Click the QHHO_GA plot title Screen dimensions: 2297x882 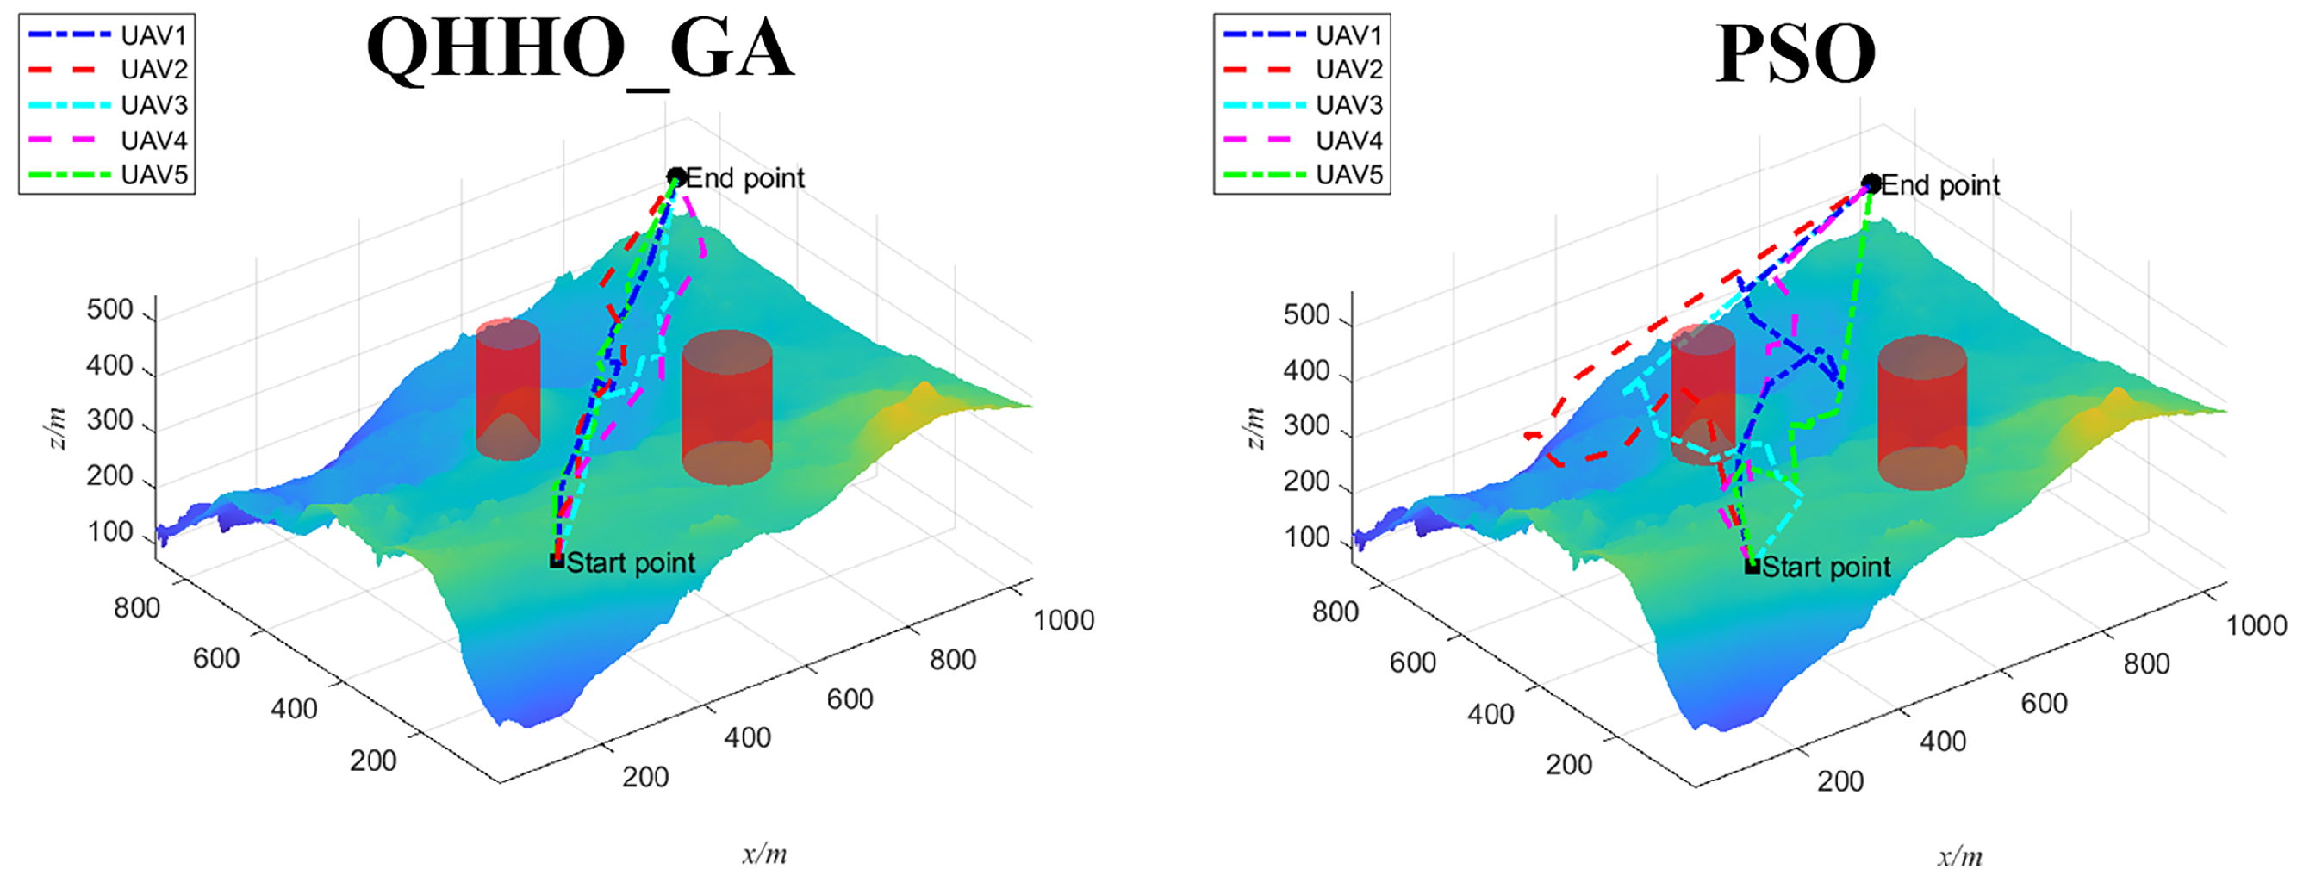pyautogui.click(x=580, y=51)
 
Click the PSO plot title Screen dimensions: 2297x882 pyautogui.click(x=1795, y=53)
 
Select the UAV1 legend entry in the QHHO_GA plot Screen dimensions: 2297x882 pyautogui.click(x=107, y=35)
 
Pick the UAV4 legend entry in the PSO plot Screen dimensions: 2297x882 pyautogui.click(x=1303, y=140)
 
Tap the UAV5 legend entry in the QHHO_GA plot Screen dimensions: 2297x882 pyautogui.click(x=107, y=175)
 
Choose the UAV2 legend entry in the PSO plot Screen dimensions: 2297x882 pyautogui.click(x=1303, y=70)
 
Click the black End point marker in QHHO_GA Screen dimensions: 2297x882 pyautogui.click(x=677, y=177)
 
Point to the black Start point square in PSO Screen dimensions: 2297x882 pyautogui.click(x=1752, y=566)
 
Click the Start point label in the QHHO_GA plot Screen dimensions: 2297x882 pyautogui.click(x=631, y=562)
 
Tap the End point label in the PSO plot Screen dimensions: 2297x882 pyautogui.click(x=1940, y=184)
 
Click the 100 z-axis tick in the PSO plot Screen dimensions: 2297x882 pyautogui.click(x=1306, y=537)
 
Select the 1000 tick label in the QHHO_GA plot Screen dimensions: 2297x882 pyautogui.click(x=1064, y=620)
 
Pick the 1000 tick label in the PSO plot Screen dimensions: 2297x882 pyautogui.click(x=2257, y=625)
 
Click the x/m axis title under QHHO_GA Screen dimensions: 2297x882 pyautogui.click(x=765, y=854)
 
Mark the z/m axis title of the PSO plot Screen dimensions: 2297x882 pyautogui.click(x=1254, y=428)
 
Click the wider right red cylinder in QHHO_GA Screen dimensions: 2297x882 pyautogui.click(x=726, y=407)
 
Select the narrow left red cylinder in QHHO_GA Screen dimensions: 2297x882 pyautogui.click(x=507, y=388)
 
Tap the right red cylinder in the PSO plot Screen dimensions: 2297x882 pyautogui.click(x=1921, y=413)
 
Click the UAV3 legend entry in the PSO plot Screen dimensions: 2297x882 pyautogui.click(x=1303, y=105)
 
